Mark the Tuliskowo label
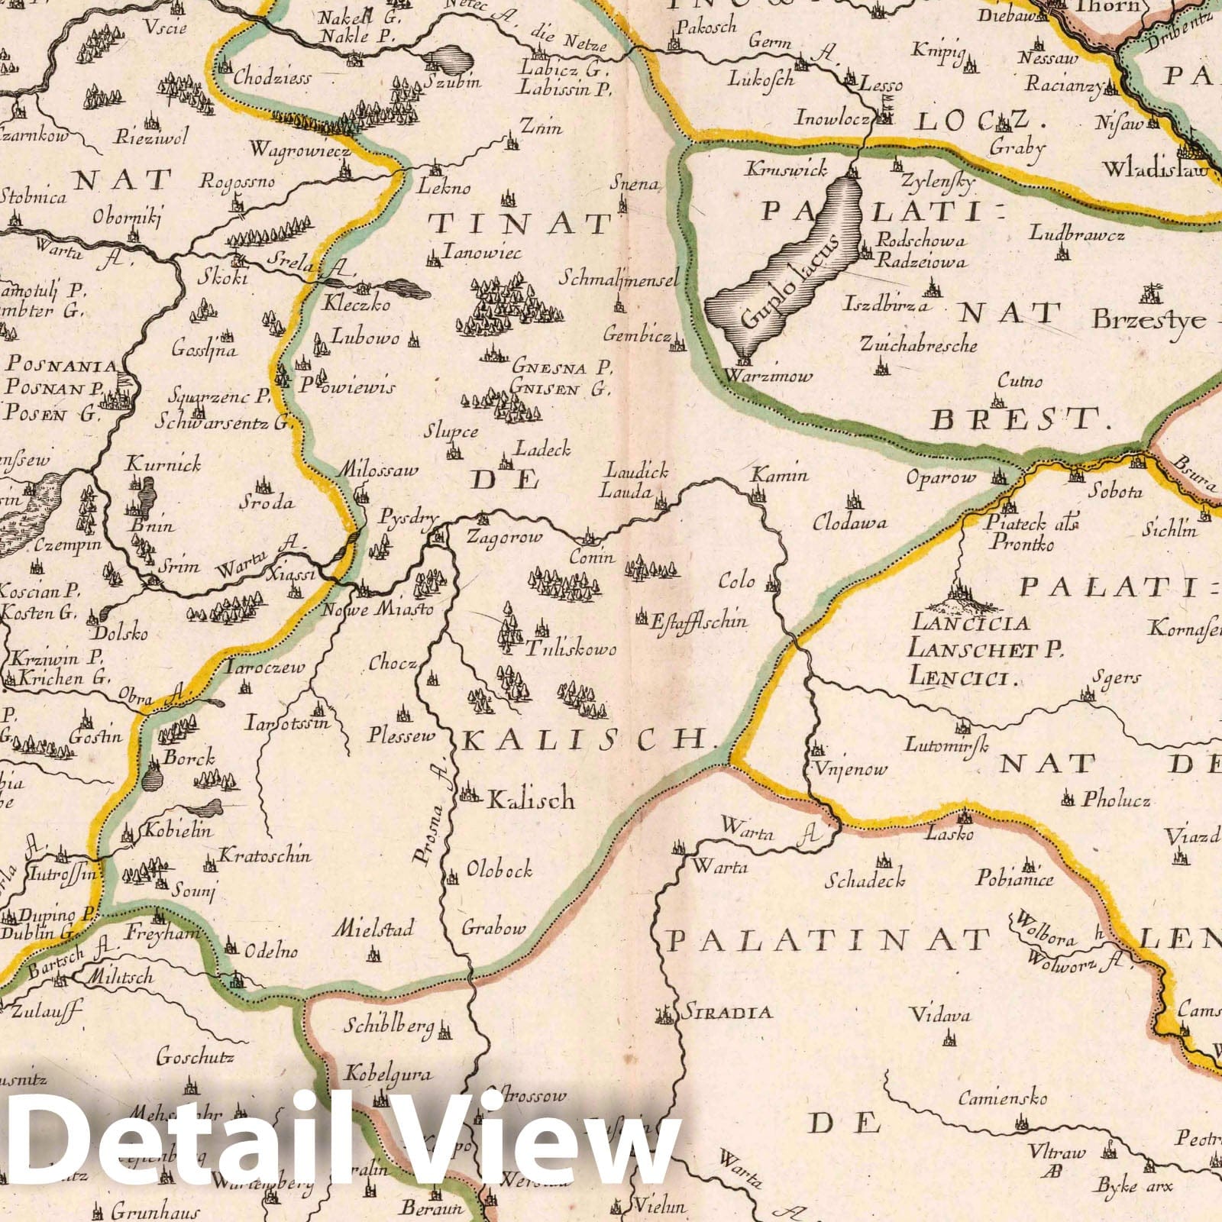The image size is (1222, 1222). (571, 649)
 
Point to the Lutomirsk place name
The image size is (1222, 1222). (947, 742)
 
